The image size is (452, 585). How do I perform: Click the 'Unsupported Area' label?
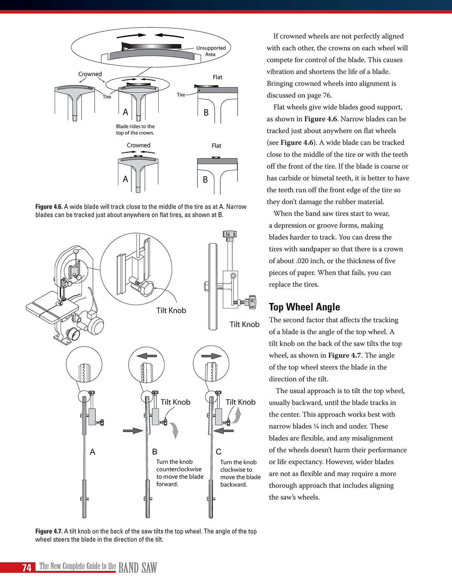click(211, 51)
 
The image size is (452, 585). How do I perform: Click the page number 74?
click(26, 567)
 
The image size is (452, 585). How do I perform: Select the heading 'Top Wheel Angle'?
click(304, 307)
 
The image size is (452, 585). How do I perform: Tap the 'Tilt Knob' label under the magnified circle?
click(171, 310)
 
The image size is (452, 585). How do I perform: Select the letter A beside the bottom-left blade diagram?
click(92, 452)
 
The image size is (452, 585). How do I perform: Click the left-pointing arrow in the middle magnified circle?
click(146, 356)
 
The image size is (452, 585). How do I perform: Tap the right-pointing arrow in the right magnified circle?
click(211, 356)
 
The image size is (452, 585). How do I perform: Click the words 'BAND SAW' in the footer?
click(137, 568)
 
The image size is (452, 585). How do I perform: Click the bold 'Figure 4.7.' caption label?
click(49, 531)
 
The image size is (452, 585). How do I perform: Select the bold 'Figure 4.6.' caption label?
click(49, 207)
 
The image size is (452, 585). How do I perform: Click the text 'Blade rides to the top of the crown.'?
click(135, 130)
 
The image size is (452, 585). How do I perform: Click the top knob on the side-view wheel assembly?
click(229, 234)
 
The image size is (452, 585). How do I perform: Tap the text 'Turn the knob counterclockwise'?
click(179, 465)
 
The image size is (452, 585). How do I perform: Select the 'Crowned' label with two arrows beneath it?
click(90, 74)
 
